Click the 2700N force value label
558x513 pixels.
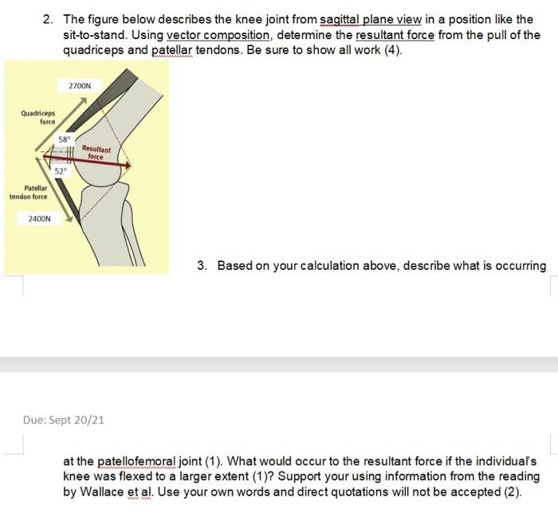[80, 86]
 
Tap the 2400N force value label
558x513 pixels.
[40, 218]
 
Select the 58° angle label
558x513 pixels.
[65, 139]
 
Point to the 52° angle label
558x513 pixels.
[61, 171]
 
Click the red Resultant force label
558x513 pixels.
[96, 153]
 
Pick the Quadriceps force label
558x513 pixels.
[38, 117]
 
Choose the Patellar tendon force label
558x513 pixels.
[29, 192]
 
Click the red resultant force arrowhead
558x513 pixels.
[129, 166]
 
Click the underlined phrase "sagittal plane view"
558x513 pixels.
[371, 20]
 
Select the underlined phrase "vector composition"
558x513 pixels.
[218, 35]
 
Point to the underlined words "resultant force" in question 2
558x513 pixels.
[395, 35]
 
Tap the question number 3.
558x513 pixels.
[202, 265]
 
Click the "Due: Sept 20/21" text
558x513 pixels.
[64, 420]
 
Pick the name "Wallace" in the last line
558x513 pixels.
[101, 491]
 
